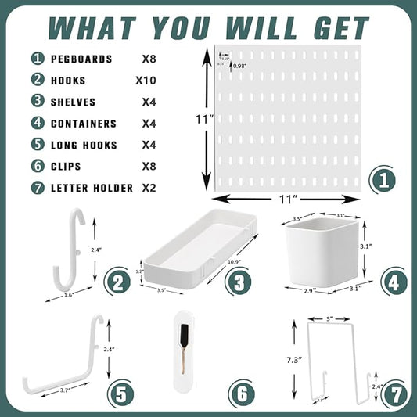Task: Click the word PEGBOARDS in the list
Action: tap(82, 59)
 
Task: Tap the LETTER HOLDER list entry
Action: tap(93, 188)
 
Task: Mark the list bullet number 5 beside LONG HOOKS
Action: tap(38, 145)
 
